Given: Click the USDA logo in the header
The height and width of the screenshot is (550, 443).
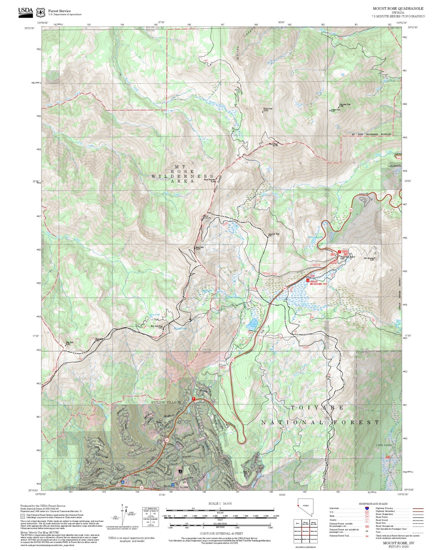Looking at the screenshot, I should point(25,12).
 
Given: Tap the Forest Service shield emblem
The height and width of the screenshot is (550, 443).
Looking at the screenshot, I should point(40,13).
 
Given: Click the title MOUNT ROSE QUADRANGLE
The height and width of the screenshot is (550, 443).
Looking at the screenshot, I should point(398,9).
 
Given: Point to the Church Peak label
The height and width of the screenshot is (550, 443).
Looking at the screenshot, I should point(267,109).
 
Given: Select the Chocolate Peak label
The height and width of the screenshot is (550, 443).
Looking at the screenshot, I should point(345,105).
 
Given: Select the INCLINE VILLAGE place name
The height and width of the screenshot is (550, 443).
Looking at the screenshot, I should point(166,402).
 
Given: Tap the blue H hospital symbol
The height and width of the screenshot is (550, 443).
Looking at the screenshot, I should point(173,485).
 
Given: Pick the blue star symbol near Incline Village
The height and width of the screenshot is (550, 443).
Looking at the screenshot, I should point(123,482).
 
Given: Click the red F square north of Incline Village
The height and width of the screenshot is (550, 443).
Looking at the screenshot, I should point(193,399).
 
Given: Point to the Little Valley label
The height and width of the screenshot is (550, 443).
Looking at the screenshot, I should point(384,445).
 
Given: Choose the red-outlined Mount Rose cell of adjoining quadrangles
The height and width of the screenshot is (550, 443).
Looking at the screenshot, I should point(305,522).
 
